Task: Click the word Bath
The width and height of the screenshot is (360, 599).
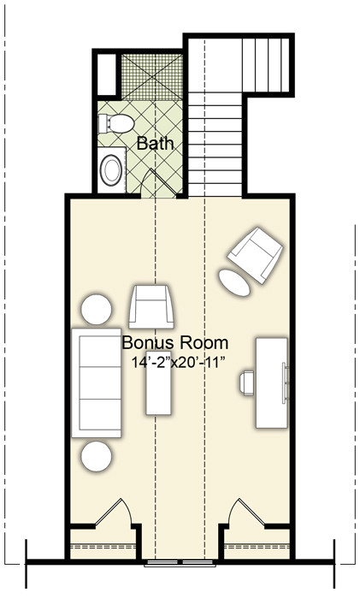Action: (x=155, y=144)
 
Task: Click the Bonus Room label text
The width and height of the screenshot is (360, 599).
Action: (x=175, y=342)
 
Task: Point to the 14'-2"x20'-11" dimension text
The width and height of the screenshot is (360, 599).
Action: (x=177, y=363)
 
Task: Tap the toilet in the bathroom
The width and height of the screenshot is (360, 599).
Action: (x=116, y=123)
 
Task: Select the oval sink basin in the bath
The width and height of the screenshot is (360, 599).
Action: (x=111, y=170)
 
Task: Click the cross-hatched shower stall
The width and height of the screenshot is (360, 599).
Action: (x=152, y=77)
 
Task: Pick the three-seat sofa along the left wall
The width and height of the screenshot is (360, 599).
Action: (x=97, y=383)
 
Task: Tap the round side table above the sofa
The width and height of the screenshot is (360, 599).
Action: (x=97, y=310)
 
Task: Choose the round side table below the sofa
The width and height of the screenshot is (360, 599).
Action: (x=97, y=456)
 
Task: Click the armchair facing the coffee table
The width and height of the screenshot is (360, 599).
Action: (x=151, y=306)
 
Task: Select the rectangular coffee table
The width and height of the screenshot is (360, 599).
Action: (x=158, y=387)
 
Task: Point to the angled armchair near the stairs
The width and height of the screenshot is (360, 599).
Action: (x=255, y=255)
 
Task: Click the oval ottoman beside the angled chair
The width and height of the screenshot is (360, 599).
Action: (x=234, y=282)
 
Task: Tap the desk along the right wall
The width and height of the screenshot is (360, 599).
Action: (x=271, y=383)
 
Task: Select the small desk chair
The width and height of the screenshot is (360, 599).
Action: (x=246, y=383)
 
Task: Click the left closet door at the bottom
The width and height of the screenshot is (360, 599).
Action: (x=114, y=512)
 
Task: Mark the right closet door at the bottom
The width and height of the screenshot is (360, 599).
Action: (x=246, y=512)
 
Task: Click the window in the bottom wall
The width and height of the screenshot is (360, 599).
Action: (x=180, y=562)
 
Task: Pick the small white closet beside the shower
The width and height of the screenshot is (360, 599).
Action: (x=107, y=74)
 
